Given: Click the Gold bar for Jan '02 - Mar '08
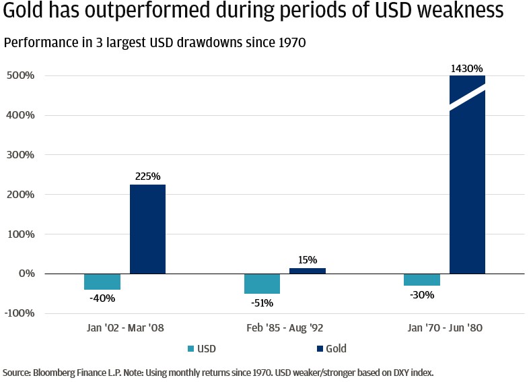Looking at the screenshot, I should [x=147, y=229].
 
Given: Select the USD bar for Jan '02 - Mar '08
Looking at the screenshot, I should [x=102, y=282].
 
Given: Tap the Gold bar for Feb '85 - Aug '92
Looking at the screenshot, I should [x=307, y=271].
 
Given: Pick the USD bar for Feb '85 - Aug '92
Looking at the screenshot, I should [x=262, y=284].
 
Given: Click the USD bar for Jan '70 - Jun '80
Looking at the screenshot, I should [x=422, y=280].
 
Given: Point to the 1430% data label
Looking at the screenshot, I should [x=467, y=68].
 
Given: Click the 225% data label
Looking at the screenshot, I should [x=147, y=177].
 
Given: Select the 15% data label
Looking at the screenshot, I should [x=307, y=260].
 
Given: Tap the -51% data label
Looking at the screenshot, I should [x=262, y=303].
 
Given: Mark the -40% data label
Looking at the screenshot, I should [x=102, y=299].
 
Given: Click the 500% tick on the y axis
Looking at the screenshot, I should [x=20, y=75].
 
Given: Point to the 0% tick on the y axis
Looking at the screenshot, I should [x=26, y=274].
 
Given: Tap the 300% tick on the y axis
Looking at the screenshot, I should [x=20, y=155].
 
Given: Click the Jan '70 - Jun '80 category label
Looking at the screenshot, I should [x=444, y=328].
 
